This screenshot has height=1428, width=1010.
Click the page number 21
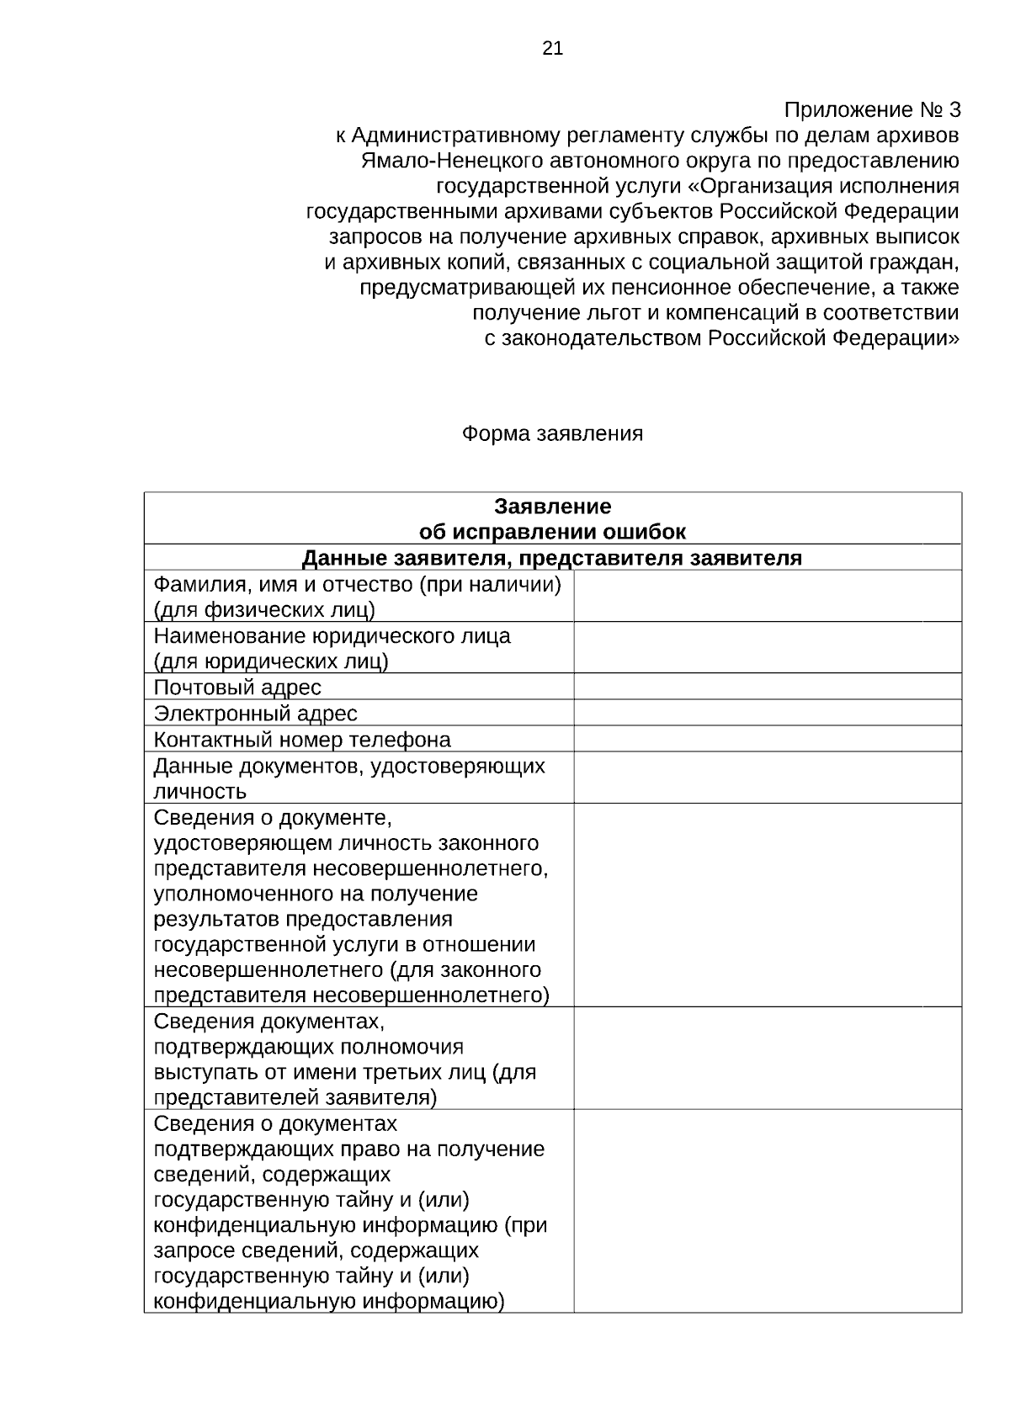[x=552, y=48]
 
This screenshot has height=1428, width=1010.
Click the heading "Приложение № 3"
[x=871, y=110]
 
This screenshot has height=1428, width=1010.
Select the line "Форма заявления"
[x=552, y=433]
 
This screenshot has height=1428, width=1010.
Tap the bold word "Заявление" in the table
[x=552, y=507]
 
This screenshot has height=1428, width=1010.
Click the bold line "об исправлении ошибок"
[x=552, y=532]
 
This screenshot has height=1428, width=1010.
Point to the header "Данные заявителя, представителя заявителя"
[x=552, y=558]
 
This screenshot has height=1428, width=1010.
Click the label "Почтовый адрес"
[x=237, y=687]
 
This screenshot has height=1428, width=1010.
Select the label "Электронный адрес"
[x=255, y=714]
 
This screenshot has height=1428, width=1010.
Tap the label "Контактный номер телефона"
[x=302, y=740]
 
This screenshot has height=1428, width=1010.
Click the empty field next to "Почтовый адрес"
[x=767, y=687]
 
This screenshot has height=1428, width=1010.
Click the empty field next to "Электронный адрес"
[x=767, y=713]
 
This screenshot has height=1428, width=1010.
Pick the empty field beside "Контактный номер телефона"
[x=767, y=739]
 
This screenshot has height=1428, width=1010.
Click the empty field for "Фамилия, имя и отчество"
[x=767, y=596]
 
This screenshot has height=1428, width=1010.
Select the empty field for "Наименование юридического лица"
[x=767, y=647]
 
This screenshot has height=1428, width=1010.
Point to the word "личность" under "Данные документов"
[x=200, y=792]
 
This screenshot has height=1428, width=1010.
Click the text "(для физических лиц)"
[x=264, y=610]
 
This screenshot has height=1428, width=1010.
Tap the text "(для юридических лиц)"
[x=271, y=661]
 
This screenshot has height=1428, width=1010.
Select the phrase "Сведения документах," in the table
[x=269, y=1022]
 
